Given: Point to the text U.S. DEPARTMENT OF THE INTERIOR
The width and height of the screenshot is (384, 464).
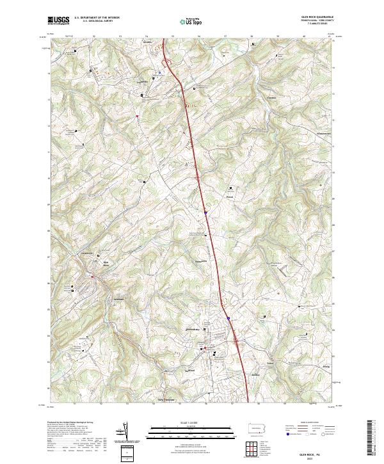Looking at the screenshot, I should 97,18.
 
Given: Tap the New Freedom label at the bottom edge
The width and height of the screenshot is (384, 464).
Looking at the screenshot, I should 166,399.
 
